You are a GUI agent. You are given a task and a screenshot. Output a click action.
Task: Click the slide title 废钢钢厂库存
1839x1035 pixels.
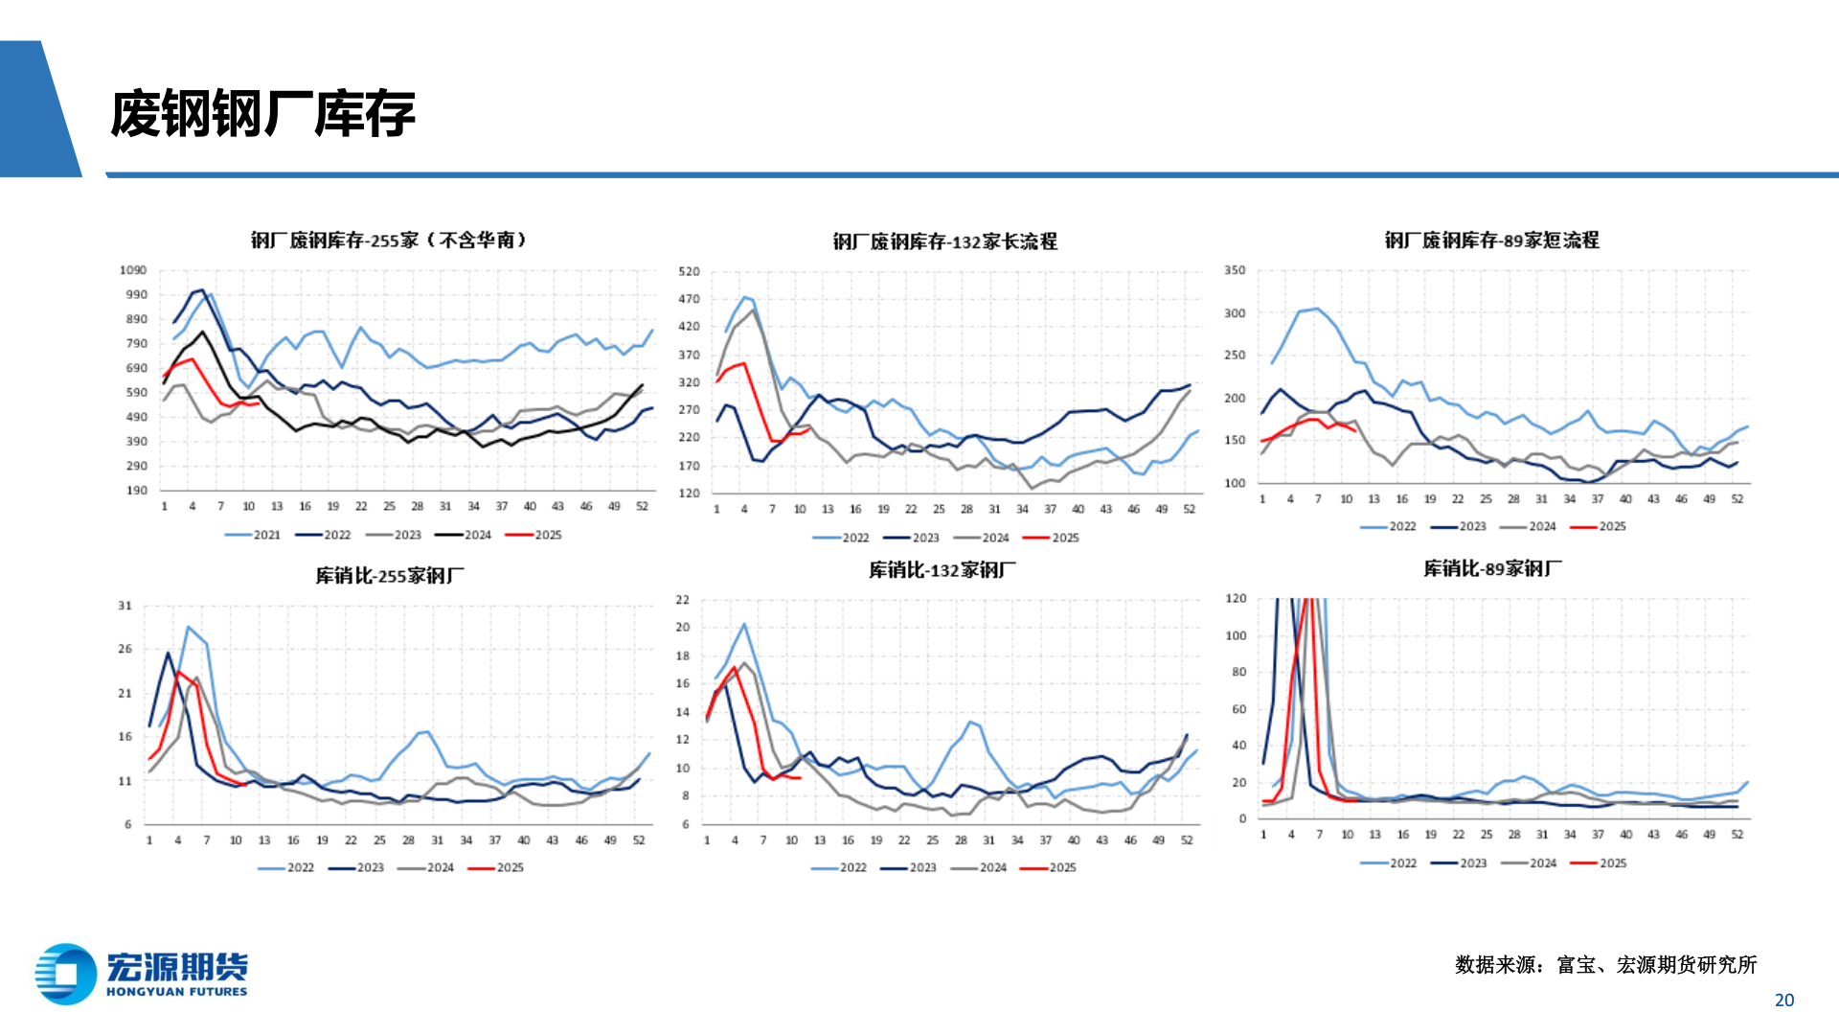pos(262,114)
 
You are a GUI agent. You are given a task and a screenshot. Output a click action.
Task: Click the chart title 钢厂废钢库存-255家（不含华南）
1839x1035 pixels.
pos(388,240)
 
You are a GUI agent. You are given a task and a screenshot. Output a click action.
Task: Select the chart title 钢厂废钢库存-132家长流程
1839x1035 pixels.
pos(944,241)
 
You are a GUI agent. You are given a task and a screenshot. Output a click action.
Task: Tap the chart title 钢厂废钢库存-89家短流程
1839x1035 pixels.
pos(1491,240)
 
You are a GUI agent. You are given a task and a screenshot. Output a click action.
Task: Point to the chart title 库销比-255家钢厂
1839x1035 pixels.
pos(390,575)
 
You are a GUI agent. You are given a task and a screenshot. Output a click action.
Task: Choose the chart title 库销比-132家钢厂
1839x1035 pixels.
pos(942,570)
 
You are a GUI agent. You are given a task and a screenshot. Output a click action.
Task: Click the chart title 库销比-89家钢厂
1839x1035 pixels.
pos(1492,568)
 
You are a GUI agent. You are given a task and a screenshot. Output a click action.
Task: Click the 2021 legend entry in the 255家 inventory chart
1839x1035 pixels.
pos(254,535)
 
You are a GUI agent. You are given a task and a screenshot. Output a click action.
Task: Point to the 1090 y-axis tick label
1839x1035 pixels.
pos(133,270)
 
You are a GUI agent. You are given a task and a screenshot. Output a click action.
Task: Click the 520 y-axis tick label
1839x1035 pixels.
pos(689,271)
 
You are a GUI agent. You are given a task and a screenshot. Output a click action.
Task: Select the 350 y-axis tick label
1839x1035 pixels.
pos(1235,270)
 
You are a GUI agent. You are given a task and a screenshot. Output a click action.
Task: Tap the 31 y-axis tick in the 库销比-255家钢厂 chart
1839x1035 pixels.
pos(125,606)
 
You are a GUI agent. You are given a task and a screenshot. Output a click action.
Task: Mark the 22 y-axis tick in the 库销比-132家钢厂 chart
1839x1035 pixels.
pos(682,600)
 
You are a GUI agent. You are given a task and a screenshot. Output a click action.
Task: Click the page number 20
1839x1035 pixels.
pos(1783,1000)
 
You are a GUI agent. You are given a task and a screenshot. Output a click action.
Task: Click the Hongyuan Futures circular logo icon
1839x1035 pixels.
pos(65,975)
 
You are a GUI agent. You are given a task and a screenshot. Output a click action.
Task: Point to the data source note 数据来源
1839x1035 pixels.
pos(1605,964)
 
